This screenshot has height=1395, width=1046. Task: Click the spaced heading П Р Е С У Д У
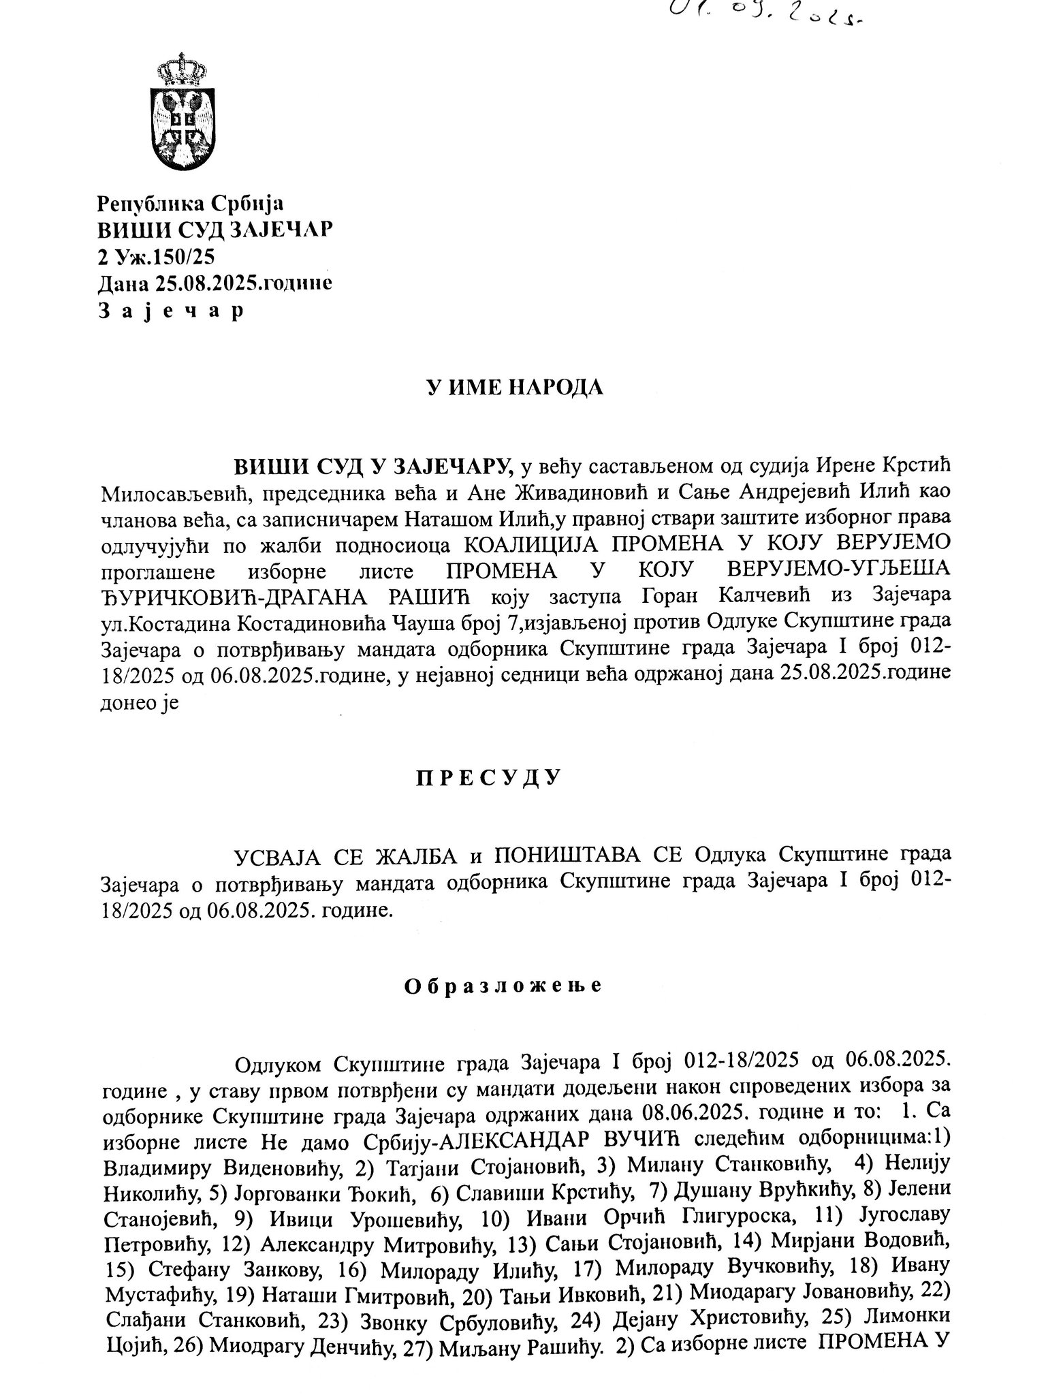(x=488, y=777)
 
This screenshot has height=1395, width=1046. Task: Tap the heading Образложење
(x=503, y=986)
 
